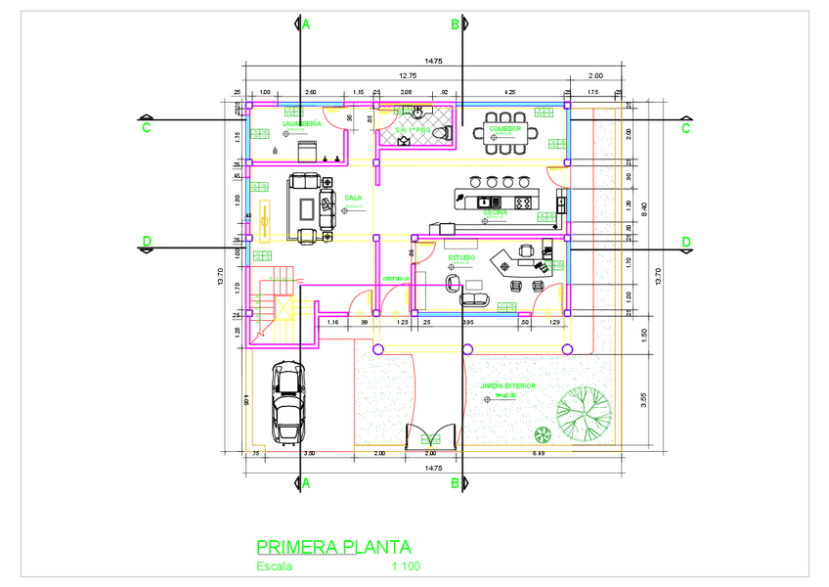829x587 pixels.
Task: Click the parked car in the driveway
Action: [286, 401]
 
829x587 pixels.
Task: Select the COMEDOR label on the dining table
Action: [505, 129]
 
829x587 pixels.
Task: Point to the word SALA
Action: [353, 197]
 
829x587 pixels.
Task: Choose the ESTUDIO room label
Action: [461, 257]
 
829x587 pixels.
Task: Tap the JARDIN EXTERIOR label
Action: [507, 386]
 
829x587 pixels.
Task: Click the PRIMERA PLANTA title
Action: [333, 547]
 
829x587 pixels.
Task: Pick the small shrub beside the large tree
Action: [537, 435]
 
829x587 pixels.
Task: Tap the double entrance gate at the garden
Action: [430, 435]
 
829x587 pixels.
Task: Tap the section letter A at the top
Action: [306, 23]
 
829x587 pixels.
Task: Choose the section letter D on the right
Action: [685, 242]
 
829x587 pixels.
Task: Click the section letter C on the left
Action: [147, 127]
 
